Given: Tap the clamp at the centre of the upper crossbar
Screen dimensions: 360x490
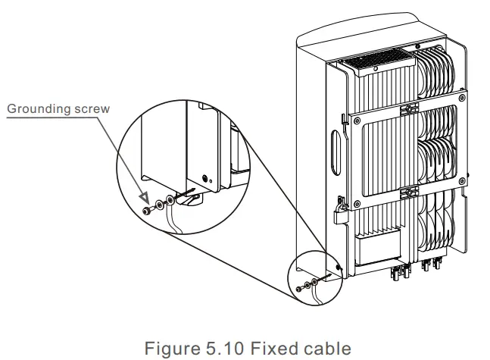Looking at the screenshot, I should click(x=411, y=110).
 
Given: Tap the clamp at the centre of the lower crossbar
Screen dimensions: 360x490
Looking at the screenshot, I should click(x=411, y=189).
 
